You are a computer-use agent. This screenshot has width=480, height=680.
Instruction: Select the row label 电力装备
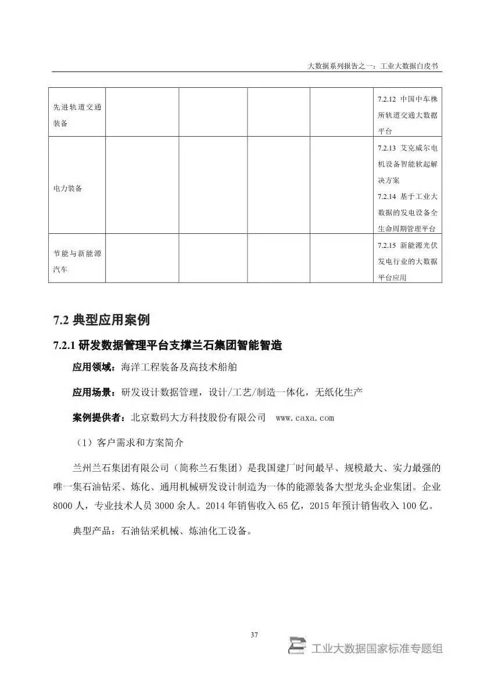point(67,189)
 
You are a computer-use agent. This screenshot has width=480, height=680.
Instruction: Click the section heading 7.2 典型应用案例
point(101,319)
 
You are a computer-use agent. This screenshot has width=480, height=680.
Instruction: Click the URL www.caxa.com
point(305,418)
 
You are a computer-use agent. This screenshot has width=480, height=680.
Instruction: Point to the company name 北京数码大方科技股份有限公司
point(199,418)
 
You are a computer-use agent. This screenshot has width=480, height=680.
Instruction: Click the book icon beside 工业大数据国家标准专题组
point(297,647)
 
